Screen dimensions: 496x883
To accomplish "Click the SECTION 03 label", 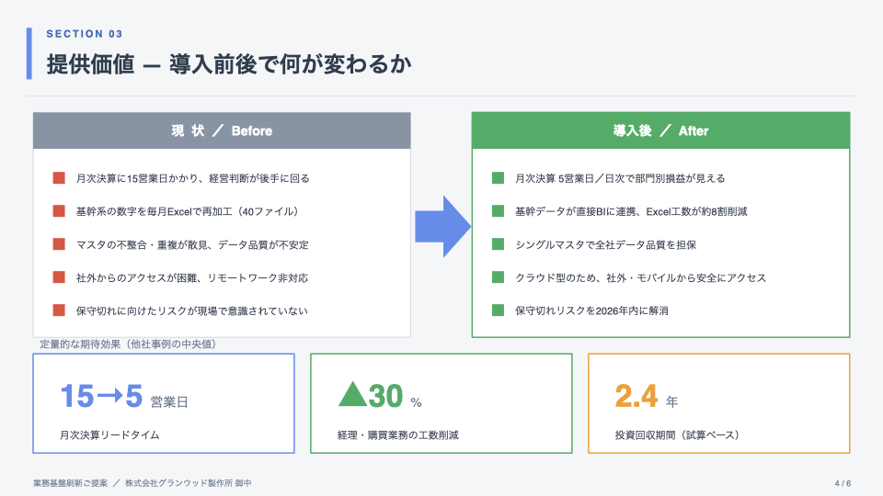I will pyautogui.click(x=85, y=34).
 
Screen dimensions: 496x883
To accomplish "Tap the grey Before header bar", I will pyautogui.click(x=222, y=130).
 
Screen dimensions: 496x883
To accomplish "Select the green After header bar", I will pyautogui.click(x=660, y=130).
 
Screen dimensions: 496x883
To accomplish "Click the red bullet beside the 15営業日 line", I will pyautogui.click(x=59, y=178).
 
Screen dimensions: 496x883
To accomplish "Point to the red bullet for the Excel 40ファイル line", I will pyautogui.click(x=59, y=211).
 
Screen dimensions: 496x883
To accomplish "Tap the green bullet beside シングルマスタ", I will pyautogui.click(x=498, y=244).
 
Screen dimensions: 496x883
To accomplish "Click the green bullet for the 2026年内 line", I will pyautogui.click(x=498, y=310).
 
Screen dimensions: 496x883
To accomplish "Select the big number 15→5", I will pyautogui.click(x=101, y=396).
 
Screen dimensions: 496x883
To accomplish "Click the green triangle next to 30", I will pyautogui.click(x=352, y=394).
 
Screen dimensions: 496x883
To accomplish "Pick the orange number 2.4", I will pyautogui.click(x=636, y=396).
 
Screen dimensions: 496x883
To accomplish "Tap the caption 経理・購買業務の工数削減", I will pyautogui.click(x=398, y=434).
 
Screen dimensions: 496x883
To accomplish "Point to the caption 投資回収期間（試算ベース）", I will pyautogui.click(x=678, y=434).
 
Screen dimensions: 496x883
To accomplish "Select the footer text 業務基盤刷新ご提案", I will pyautogui.click(x=70, y=483).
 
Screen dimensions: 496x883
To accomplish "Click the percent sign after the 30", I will pyautogui.click(x=416, y=402).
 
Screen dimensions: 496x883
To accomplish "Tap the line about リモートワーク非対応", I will pyautogui.click(x=192, y=277).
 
